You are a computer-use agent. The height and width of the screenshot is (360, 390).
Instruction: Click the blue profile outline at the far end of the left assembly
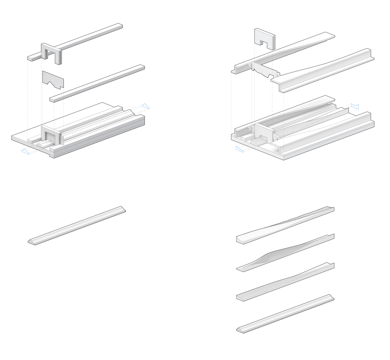(146, 106)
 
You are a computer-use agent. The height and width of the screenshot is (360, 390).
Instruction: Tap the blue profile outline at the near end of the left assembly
(25, 151)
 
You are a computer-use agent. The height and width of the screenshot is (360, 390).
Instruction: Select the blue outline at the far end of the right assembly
(355, 106)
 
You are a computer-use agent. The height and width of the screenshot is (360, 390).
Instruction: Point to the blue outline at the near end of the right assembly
(240, 149)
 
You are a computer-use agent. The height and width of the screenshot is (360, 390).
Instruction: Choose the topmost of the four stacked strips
(285, 224)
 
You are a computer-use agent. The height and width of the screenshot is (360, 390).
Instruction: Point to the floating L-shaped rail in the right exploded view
(325, 70)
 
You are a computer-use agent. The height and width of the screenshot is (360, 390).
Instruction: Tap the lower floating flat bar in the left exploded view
(97, 83)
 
